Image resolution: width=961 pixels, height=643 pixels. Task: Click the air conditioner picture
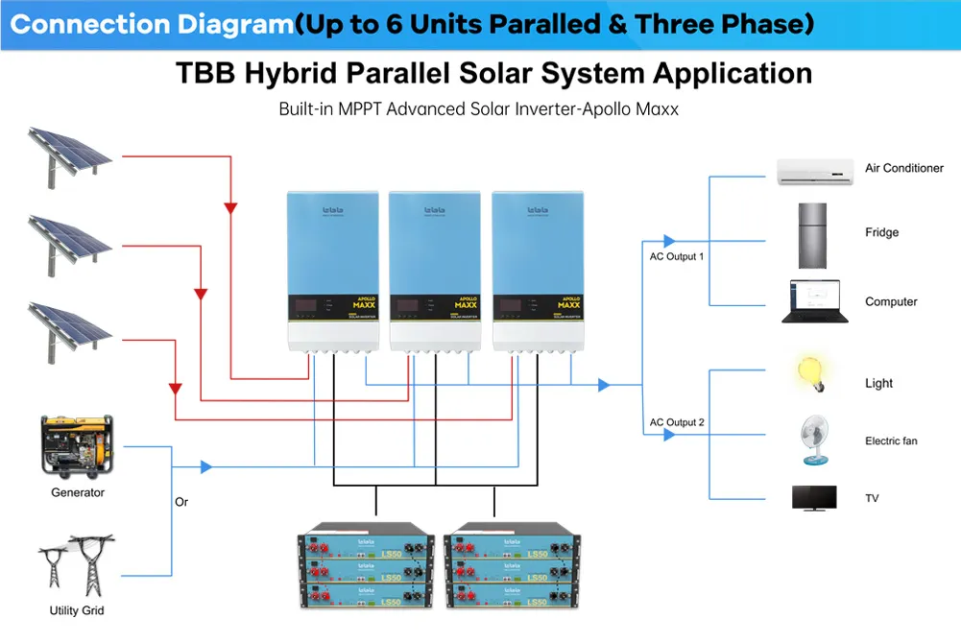[x=815, y=171]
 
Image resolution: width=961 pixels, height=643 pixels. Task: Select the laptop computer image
[x=810, y=301]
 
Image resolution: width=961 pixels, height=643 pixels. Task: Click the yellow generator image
[x=77, y=446]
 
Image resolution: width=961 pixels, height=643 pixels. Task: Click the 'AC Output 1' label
[x=677, y=257]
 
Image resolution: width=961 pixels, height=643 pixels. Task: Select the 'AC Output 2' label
[x=677, y=422]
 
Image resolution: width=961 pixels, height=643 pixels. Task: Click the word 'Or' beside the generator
[x=181, y=502]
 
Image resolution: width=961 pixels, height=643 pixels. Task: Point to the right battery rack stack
[x=515, y=566]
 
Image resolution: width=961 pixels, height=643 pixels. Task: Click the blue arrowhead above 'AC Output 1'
[x=669, y=241]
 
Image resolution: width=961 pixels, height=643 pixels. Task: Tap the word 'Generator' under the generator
[x=78, y=492]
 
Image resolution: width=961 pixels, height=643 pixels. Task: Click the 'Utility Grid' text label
[x=77, y=611]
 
